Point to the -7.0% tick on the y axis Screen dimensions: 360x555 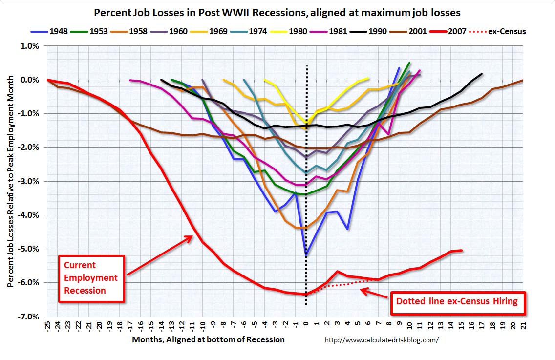point(30,317)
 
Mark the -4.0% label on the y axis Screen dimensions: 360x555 point(30,215)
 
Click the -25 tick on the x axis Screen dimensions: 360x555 point(47,326)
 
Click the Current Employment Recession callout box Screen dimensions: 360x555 point(91,278)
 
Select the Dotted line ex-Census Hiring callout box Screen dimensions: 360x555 point(457,301)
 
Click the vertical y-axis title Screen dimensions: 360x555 point(10,181)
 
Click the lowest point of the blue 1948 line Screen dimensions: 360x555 point(306,255)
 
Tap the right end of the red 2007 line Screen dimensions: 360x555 point(462,250)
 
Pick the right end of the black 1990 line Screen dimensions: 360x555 point(482,74)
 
